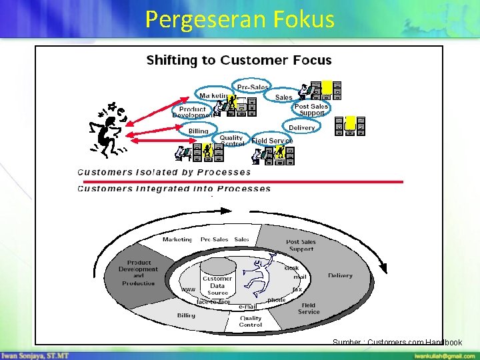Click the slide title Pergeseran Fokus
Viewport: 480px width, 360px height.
point(239,19)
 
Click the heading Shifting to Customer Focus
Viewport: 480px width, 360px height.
point(239,60)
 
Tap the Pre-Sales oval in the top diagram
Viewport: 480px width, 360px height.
point(253,87)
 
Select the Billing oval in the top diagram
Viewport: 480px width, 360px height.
point(198,131)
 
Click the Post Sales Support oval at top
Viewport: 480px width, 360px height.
point(311,109)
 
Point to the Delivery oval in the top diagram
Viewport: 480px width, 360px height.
point(301,127)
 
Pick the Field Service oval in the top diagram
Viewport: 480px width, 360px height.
point(271,141)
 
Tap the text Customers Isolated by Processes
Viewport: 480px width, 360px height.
point(164,172)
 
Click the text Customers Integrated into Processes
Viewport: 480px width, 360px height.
point(174,189)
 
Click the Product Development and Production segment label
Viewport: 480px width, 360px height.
point(138,273)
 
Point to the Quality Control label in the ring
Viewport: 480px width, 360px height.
point(251,321)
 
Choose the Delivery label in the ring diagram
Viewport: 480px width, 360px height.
point(340,275)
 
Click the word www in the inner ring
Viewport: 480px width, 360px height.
point(188,290)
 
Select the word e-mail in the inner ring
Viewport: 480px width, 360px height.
point(248,306)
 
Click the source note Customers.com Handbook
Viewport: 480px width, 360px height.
point(397,342)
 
